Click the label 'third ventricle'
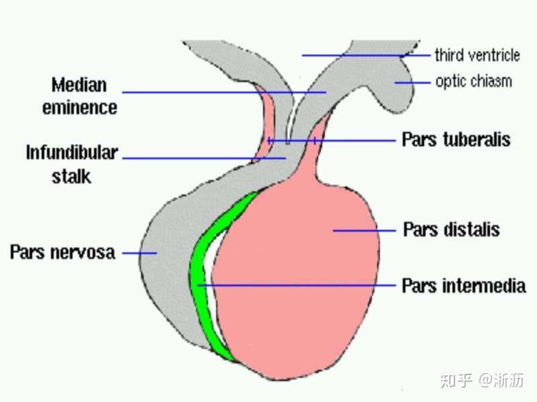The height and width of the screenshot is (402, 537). coord(477,55)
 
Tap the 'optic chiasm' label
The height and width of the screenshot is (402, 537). coord(474,81)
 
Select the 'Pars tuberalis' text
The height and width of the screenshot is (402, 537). coord(456,139)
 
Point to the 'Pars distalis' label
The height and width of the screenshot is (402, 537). coord(451,229)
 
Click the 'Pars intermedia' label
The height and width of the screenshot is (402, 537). coord(464,286)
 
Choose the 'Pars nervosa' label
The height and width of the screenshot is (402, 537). coord(62,253)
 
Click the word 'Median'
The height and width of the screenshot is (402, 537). coord(79,85)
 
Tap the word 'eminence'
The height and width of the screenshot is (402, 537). coord(80,108)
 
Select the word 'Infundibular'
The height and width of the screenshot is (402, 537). coord(72,153)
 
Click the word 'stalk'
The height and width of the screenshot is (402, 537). coord(71,177)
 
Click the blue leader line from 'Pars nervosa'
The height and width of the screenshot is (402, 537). coord(140,253)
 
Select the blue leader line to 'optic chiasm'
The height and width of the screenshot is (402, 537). coord(412,82)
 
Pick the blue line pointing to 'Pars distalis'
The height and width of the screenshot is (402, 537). coord(364,230)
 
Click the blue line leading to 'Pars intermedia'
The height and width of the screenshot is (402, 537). coord(297,285)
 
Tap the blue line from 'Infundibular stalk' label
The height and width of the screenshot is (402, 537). coord(204,158)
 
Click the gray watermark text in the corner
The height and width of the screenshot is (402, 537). coord(482,380)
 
